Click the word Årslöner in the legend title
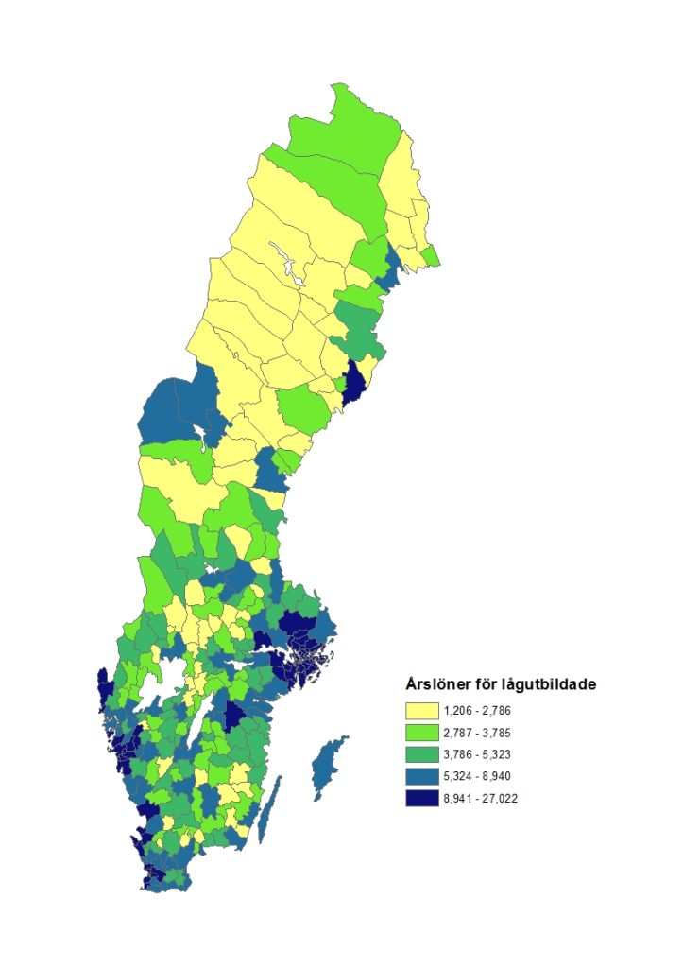point(436,684)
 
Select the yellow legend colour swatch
point(421,710)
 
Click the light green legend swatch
point(421,732)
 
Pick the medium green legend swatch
point(421,753)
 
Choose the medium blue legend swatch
point(421,776)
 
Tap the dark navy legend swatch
point(421,798)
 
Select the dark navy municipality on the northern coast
point(356,383)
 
